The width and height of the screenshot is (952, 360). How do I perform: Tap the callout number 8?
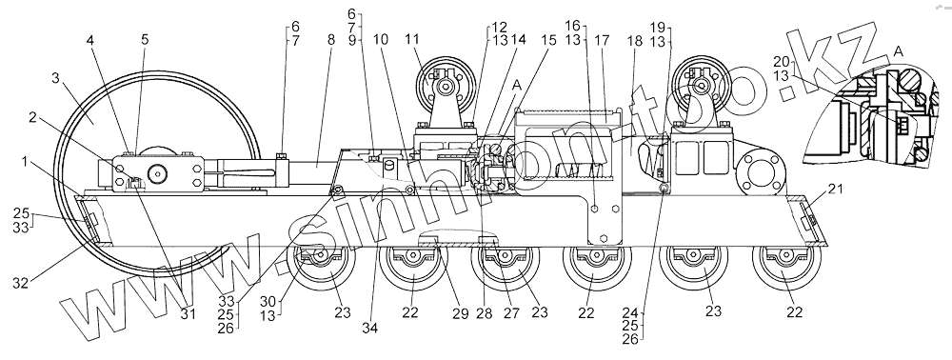[x=330, y=40]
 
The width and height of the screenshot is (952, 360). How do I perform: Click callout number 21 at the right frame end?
[x=837, y=190]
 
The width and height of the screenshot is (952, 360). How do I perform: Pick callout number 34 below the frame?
[x=369, y=328]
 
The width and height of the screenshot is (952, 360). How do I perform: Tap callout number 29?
[x=460, y=313]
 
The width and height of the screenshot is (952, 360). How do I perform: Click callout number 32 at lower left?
[x=21, y=282]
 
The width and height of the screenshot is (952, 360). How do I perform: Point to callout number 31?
[x=188, y=313]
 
